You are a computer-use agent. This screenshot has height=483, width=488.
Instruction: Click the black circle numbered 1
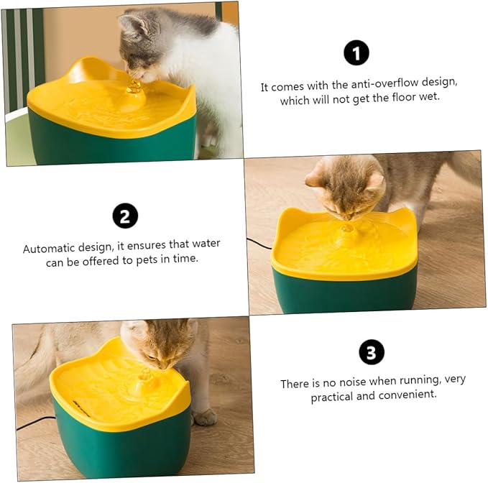point(356,53)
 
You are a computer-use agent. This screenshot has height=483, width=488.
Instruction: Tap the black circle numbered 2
point(125,215)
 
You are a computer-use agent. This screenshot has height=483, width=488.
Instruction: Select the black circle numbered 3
point(371,352)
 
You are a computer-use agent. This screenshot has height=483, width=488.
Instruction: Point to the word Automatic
point(50,248)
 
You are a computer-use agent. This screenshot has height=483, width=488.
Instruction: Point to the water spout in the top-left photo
point(133,88)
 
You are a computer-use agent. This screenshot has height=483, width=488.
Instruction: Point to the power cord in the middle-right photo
point(259,244)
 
